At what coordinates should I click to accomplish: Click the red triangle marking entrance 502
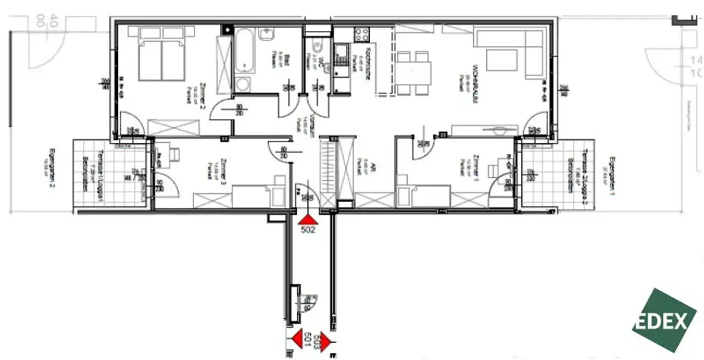pyautogui.click(x=307, y=218)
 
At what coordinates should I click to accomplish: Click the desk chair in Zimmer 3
pyautogui.click(x=159, y=159)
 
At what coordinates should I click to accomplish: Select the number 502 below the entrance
pyautogui.click(x=308, y=231)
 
